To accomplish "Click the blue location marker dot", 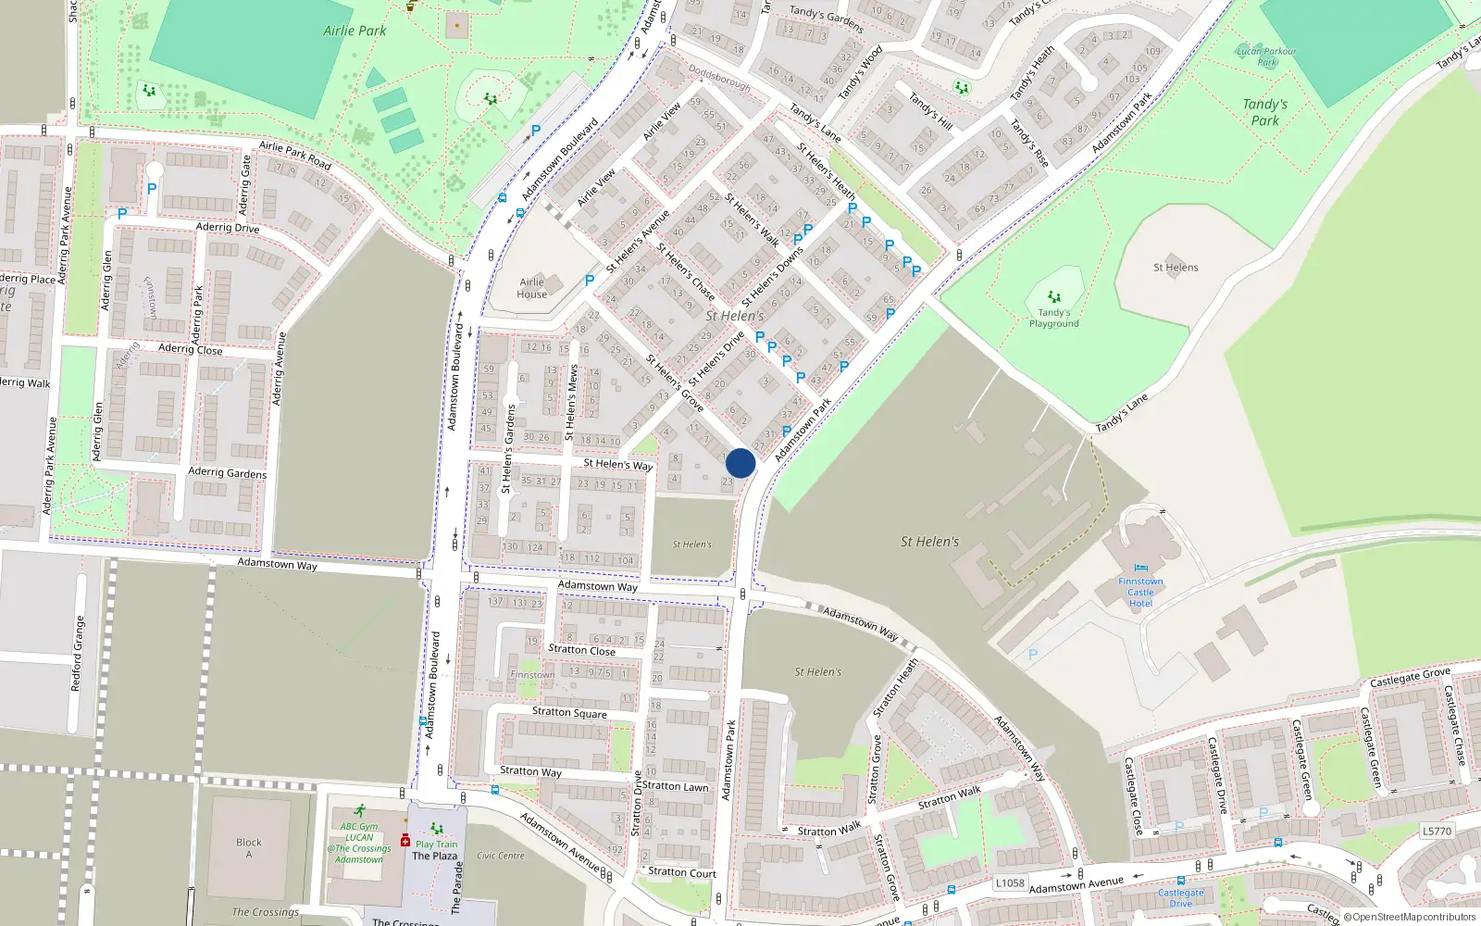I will click(x=740, y=463).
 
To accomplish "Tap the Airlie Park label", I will click(x=355, y=31).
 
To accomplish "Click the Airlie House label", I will click(x=531, y=288).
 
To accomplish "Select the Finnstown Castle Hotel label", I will click(x=1140, y=593).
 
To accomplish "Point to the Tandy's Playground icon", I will click(x=1053, y=299).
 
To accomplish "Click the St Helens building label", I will click(x=1176, y=268).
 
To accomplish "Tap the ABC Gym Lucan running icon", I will click(x=359, y=812).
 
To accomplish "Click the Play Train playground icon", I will click(x=436, y=830).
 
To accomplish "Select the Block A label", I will click(x=248, y=848).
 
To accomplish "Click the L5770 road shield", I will click(x=1437, y=831).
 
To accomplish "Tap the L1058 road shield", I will click(x=1010, y=882).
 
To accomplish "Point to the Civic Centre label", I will click(x=501, y=856).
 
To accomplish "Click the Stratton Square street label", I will click(x=569, y=712).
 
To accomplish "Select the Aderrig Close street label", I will click(x=190, y=349).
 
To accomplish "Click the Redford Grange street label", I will click(x=78, y=654).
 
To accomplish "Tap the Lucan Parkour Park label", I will click(x=1266, y=56).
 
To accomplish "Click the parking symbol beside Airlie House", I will click(x=590, y=280).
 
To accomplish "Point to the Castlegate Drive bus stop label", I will click(x=1181, y=897).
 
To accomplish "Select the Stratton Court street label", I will click(x=682, y=872).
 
